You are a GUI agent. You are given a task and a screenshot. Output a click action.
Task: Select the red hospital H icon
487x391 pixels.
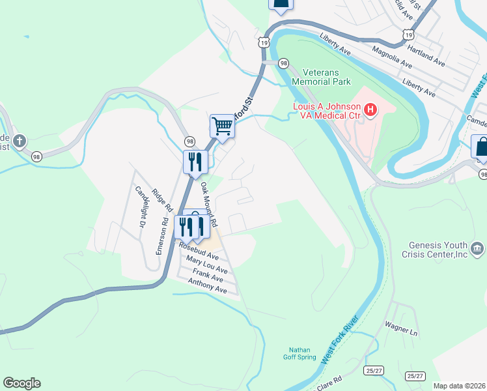370,110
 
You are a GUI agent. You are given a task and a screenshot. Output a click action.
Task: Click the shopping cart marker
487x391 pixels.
222,126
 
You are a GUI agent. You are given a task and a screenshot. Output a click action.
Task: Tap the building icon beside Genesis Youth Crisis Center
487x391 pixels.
477,248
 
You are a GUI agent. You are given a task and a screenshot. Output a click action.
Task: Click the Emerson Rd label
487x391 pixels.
163,235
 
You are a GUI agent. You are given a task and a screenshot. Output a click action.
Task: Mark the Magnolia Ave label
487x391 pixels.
392,57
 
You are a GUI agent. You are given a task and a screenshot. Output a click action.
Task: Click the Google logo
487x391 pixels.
21,383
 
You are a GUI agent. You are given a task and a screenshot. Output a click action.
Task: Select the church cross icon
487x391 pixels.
20,140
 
